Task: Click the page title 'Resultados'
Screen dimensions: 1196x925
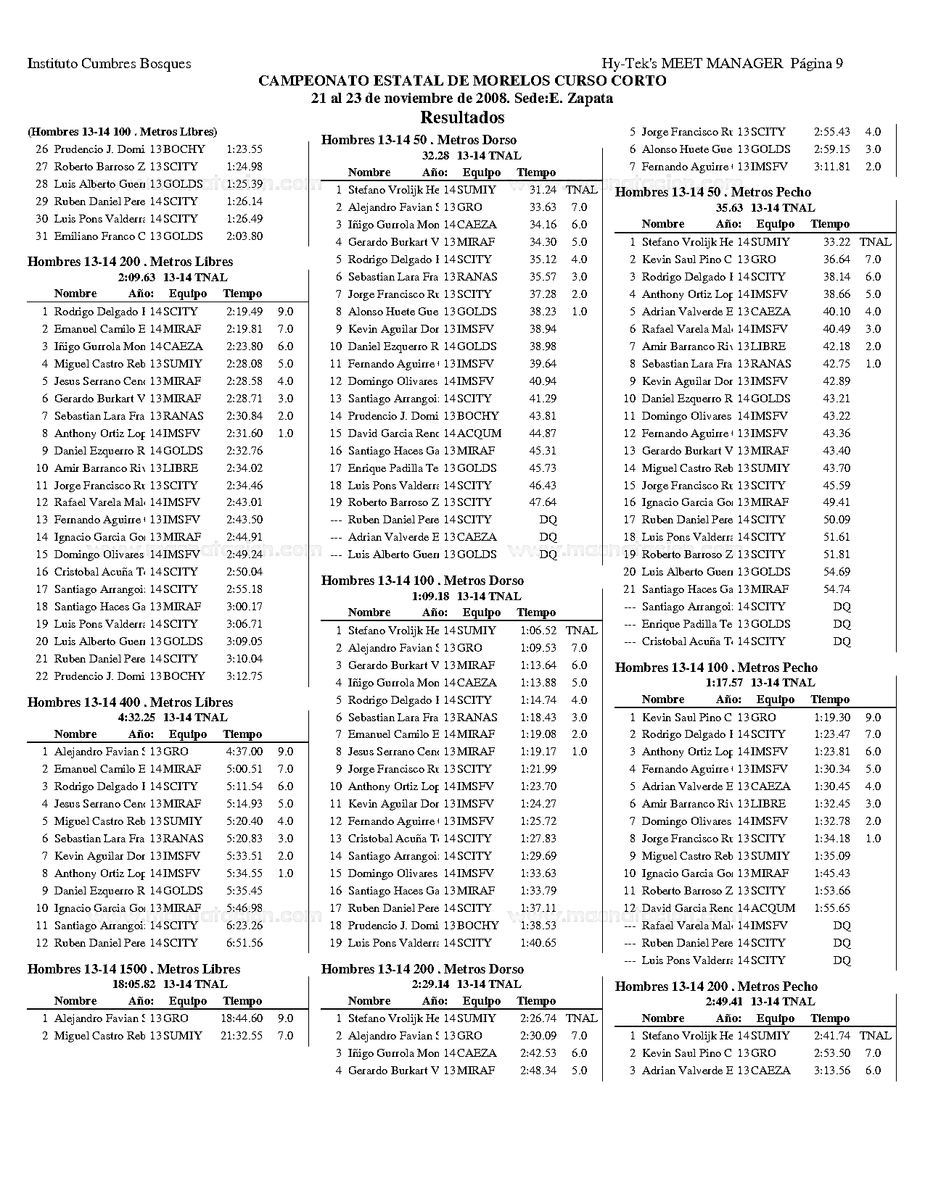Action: point(462,117)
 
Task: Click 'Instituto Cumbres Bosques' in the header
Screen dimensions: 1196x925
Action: point(109,64)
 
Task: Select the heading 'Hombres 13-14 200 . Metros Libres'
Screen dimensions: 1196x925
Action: point(130,262)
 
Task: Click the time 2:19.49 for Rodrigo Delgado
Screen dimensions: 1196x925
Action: point(244,312)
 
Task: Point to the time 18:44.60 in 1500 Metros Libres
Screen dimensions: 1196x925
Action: point(242,1018)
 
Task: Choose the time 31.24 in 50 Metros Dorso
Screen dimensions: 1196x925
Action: point(543,190)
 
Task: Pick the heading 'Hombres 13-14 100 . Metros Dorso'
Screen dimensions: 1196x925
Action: point(422,581)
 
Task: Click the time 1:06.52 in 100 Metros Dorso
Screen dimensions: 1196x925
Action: point(538,631)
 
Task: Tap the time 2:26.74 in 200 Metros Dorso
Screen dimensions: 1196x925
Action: point(538,1018)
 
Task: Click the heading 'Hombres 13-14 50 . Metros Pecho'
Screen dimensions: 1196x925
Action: point(712,192)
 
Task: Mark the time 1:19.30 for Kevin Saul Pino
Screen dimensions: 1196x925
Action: point(832,718)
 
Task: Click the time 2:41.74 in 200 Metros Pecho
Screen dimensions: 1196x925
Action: point(832,1036)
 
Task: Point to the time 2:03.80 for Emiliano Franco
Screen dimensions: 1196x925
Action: point(244,236)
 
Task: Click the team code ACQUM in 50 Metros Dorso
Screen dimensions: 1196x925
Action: point(482,433)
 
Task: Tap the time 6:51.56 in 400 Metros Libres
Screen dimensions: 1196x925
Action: point(244,943)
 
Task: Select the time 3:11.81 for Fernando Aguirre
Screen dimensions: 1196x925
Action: point(832,167)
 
